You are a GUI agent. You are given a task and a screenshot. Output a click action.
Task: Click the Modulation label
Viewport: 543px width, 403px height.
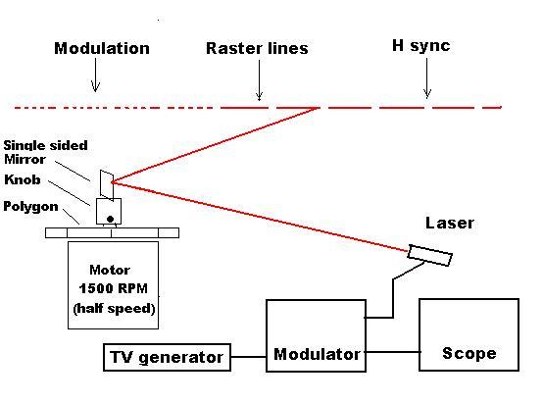[x=102, y=48]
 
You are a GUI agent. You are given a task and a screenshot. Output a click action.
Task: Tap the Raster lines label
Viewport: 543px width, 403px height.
[x=257, y=48]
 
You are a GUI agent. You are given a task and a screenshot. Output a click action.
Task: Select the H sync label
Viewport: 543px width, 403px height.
[x=421, y=46]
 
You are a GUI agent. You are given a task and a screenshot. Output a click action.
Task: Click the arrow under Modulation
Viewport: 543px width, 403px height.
[x=96, y=75]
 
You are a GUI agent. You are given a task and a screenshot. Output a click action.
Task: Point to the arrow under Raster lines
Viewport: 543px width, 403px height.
[x=259, y=80]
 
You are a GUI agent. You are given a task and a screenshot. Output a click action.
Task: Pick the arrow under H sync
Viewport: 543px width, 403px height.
[x=427, y=78]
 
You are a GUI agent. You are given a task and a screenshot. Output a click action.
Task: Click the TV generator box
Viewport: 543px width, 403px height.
[x=167, y=357]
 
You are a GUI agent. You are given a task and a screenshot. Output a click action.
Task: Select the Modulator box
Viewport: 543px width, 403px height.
[x=316, y=335]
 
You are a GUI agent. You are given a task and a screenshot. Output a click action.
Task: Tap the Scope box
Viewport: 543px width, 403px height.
[x=469, y=334]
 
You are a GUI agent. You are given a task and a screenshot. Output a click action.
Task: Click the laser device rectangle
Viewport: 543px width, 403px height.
[x=429, y=255]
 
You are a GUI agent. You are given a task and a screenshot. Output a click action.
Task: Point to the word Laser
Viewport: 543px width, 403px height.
[x=450, y=223]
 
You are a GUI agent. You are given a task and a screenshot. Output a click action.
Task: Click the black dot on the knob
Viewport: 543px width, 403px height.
[x=110, y=219]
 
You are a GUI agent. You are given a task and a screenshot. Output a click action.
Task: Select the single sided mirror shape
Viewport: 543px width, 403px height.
[x=107, y=185]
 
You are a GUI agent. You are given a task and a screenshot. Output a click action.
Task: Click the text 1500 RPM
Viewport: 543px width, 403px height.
[x=114, y=288]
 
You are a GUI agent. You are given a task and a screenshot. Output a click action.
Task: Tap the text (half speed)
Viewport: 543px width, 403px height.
[x=114, y=308]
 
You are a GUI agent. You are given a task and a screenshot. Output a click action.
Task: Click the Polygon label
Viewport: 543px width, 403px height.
[x=30, y=207]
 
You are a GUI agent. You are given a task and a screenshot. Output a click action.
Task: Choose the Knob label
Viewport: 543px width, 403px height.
[x=23, y=179]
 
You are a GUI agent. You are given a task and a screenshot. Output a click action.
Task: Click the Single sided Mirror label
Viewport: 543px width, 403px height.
[x=45, y=152]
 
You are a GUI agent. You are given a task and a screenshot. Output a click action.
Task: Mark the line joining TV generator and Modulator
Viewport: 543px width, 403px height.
[x=248, y=357]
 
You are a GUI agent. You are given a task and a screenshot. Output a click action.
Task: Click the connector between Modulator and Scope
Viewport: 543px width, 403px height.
[x=392, y=352]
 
